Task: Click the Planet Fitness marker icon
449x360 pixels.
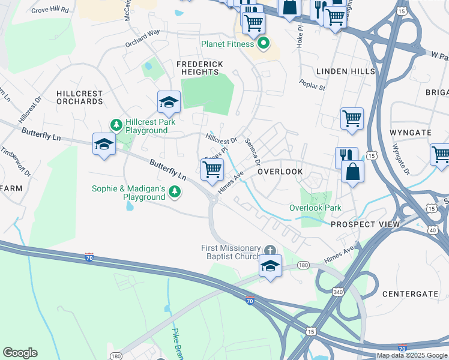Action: (263, 44)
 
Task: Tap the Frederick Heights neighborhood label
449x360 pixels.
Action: (200, 68)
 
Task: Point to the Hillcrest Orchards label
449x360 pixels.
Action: (79, 98)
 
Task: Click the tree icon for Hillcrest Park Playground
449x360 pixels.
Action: (116, 125)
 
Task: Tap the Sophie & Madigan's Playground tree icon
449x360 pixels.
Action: (174, 192)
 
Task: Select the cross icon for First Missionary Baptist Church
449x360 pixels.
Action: (270, 249)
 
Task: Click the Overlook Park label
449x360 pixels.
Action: (315, 208)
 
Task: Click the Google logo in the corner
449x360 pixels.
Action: (20, 353)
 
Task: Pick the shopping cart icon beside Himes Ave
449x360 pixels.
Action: (212, 170)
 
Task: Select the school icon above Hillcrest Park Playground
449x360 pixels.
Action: (169, 103)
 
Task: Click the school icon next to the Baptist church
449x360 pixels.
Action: (271, 265)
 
